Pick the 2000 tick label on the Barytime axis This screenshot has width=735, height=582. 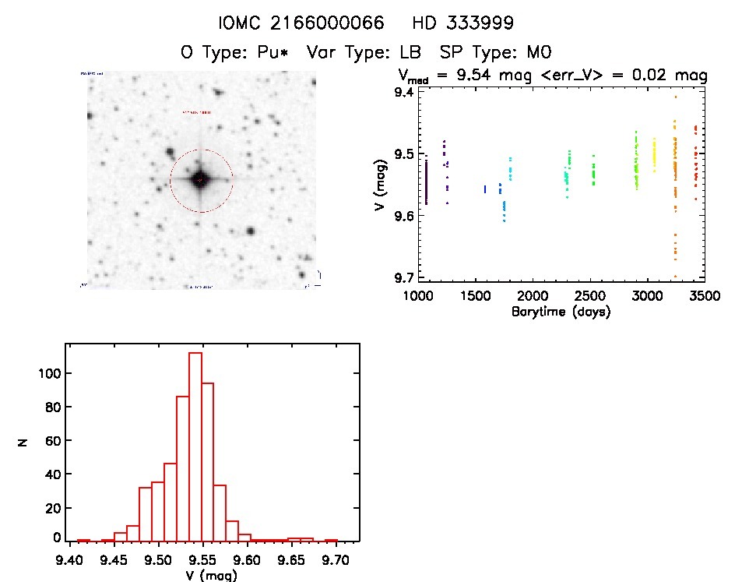click(x=533, y=296)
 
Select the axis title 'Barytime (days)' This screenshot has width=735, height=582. click(x=561, y=312)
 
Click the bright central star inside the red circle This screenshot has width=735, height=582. click(x=201, y=180)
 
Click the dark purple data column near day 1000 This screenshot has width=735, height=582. click(x=427, y=181)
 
